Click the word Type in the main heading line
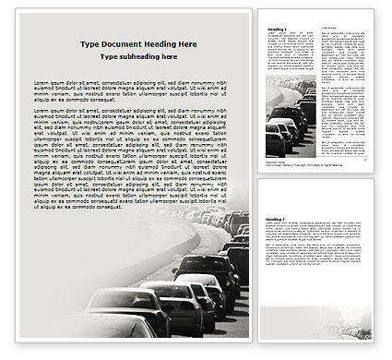(89, 44)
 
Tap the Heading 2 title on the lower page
(276, 220)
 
